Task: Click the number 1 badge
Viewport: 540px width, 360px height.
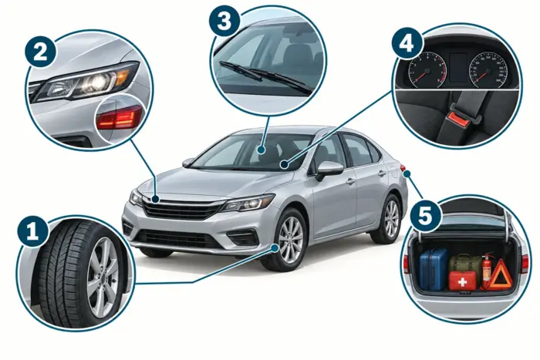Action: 32,230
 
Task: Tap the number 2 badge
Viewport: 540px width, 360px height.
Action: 40,52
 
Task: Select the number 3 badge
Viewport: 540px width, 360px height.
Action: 224,22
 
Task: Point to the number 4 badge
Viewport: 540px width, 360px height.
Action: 407,45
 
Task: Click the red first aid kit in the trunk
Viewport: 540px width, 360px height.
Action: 462,281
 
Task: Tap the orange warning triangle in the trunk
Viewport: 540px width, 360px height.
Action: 501,274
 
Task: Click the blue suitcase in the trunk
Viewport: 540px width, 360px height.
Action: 434,269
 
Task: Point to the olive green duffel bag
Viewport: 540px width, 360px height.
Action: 464,264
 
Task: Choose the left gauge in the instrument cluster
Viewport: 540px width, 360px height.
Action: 427,70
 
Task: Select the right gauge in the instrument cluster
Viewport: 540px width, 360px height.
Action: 488,70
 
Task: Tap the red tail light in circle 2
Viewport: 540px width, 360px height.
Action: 119,117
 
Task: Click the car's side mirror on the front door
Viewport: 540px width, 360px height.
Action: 329,170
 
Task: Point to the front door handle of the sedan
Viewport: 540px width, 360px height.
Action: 350,181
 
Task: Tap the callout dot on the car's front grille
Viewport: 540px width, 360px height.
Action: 155,199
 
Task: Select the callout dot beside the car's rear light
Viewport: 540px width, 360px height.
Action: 407,173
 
